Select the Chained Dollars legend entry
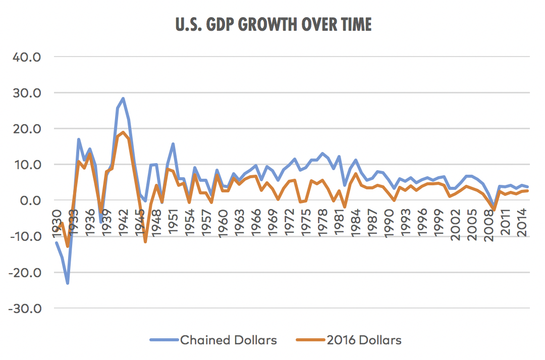pyautogui.click(x=228, y=340)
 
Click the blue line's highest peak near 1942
pyautogui.click(x=123, y=98)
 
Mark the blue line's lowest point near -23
pyautogui.click(x=68, y=283)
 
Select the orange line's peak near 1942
pyautogui.click(x=123, y=132)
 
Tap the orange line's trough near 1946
pyautogui.click(x=145, y=242)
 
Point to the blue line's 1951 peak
pyautogui.click(x=173, y=144)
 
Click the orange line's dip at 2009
pyautogui.click(x=494, y=210)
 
